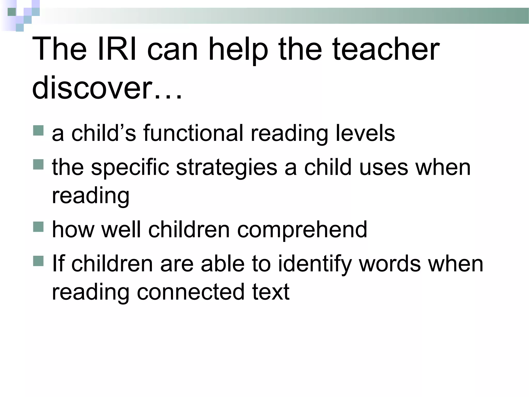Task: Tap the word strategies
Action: tap(227, 168)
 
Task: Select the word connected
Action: tap(191, 292)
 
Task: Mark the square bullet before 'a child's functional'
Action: tap(38, 131)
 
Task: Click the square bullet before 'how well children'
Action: tap(38, 227)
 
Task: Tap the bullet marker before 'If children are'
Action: tap(38, 261)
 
